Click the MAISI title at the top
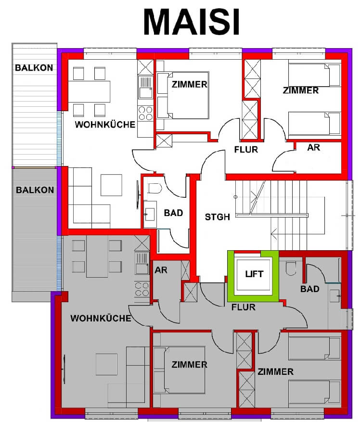[192, 22]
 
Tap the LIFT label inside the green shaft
[254, 274]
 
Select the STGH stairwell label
[217, 217]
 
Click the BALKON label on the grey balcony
[35, 190]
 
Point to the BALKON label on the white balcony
[34, 67]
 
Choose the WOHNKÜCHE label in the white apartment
[105, 124]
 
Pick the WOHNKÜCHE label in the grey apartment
[101, 318]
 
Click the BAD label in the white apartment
[173, 213]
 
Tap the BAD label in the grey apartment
[309, 289]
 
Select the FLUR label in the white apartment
[246, 150]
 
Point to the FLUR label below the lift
[244, 307]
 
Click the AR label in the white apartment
[314, 148]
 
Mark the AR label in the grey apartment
[161, 270]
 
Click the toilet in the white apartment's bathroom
[154, 189]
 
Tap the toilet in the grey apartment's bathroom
[291, 268]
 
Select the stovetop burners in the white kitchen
[145, 113]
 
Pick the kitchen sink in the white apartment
[145, 87]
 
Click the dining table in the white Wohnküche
[90, 91]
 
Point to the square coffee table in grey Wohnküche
[107, 364]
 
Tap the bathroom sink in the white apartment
[150, 215]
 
